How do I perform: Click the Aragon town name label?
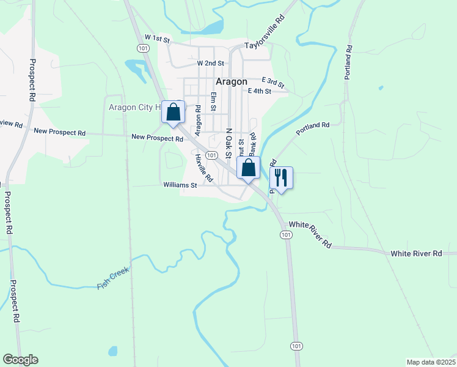(231, 81)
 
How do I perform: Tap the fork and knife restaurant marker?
(281, 177)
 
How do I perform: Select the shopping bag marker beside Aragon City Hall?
(173, 113)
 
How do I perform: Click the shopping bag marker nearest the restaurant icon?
(248, 168)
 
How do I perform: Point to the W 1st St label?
(153, 39)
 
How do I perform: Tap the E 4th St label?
(259, 91)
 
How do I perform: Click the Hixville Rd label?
(203, 168)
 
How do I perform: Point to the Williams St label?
(180, 184)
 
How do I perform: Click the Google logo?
(20, 360)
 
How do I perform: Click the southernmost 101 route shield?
(296, 346)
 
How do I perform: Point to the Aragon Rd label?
(197, 120)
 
